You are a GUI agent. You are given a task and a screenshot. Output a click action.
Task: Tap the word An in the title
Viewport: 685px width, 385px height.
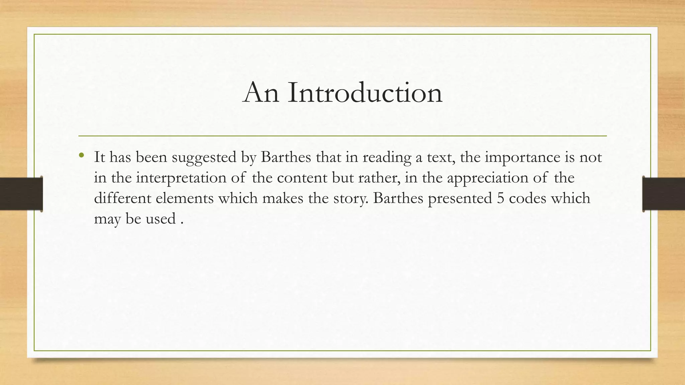261,93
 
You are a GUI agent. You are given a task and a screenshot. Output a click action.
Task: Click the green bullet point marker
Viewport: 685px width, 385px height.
82,155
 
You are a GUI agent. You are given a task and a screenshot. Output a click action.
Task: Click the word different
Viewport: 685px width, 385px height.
122,198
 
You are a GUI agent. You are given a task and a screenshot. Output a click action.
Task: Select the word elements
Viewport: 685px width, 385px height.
185,198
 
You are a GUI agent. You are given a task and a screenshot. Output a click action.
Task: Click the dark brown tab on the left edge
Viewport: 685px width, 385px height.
21,194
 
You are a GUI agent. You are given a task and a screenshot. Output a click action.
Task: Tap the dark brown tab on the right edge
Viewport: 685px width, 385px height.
664,194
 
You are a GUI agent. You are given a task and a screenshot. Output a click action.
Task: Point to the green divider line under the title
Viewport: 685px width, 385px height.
342,136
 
